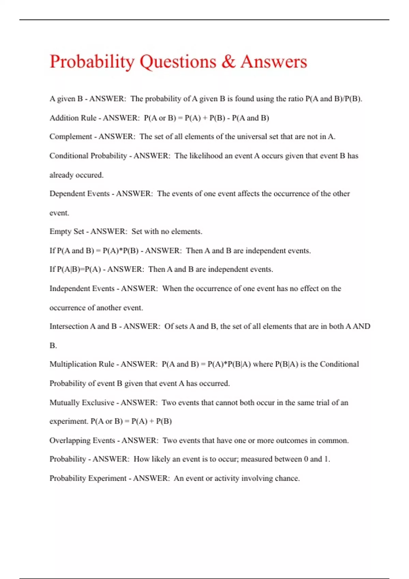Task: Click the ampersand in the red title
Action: pyautogui.click(x=228, y=62)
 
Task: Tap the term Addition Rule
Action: pyautogui.click(x=73, y=118)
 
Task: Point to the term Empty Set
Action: pyautogui.click(x=67, y=232)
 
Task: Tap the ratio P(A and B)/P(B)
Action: pyautogui.click(x=333, y=99)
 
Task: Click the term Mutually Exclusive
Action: pyautogui.click(x=82, y=403)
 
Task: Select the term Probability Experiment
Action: pyautogui.click(x=88, y=478)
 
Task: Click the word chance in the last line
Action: pyautogui.click(x=287, y=478)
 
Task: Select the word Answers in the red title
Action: pyautogui.click(x=274, y=62)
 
